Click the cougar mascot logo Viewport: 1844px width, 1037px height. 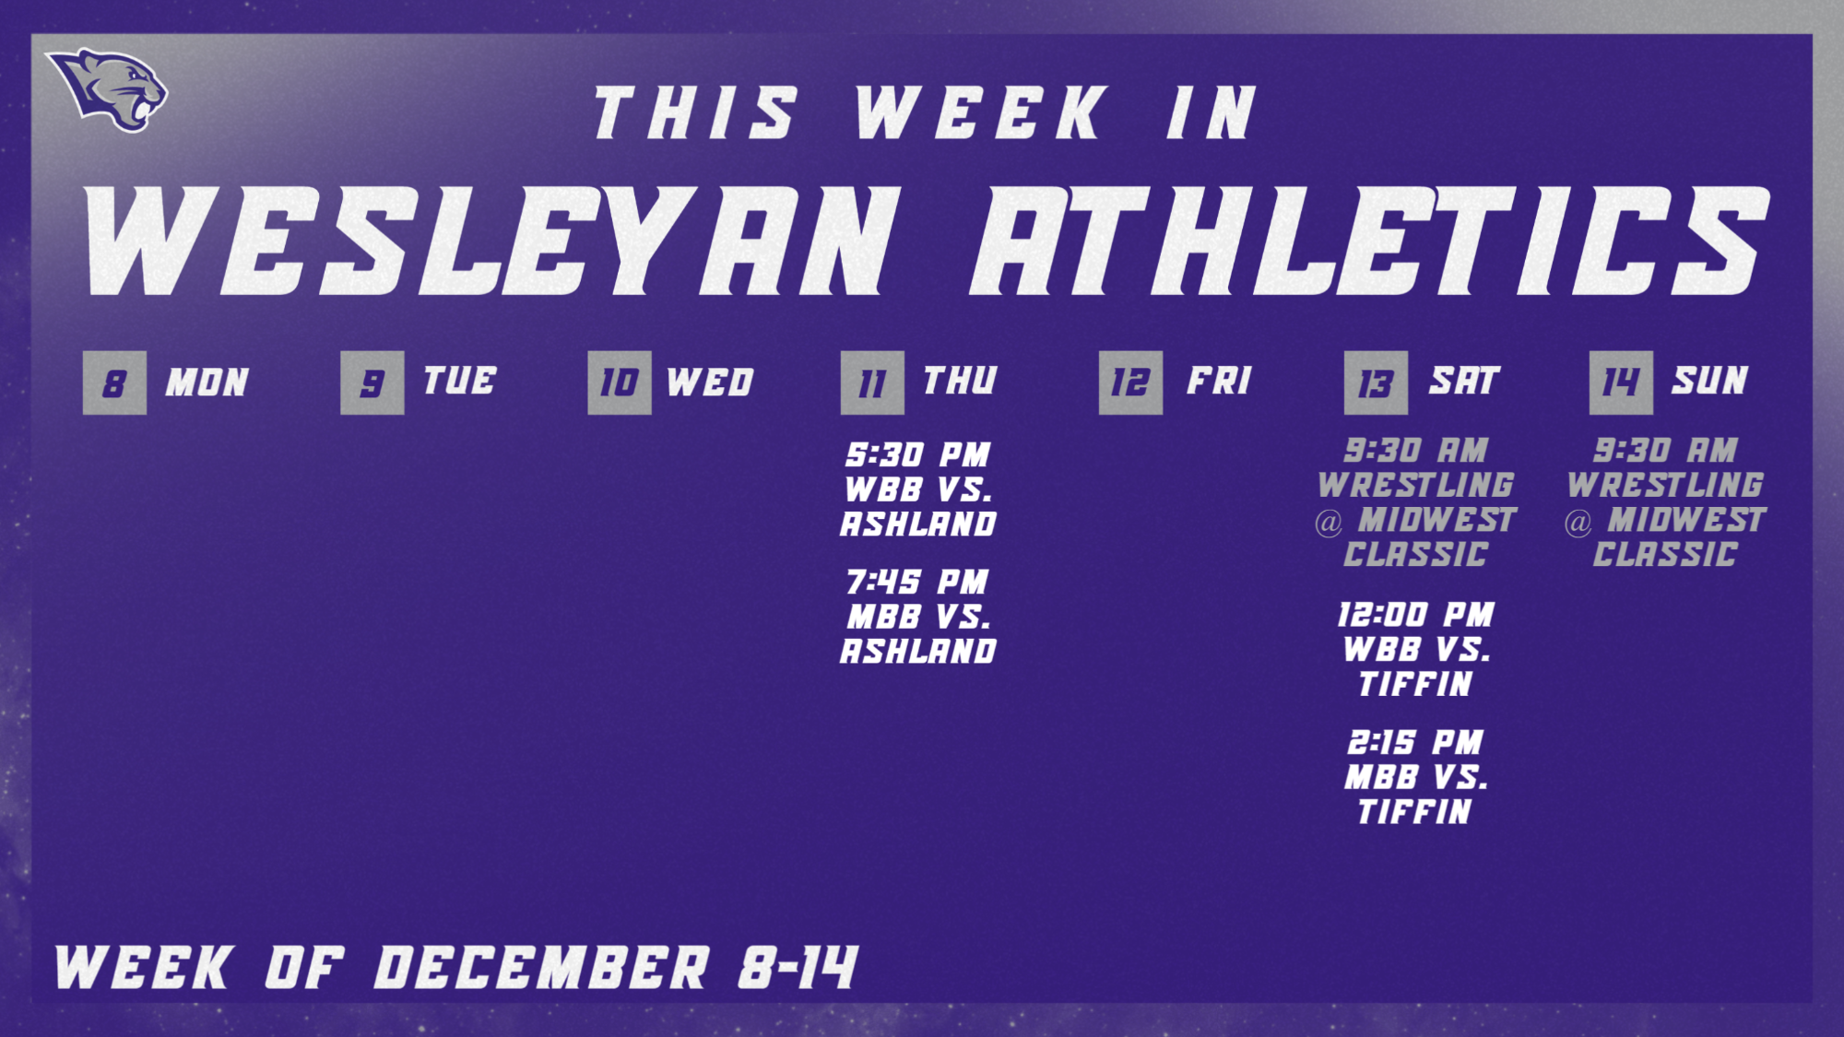108,88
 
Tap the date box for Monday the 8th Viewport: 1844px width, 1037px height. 114,383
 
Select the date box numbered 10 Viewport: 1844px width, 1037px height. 619,383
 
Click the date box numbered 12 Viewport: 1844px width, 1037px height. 1130,383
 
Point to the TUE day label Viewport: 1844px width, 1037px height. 459,381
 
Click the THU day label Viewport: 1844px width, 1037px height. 960,381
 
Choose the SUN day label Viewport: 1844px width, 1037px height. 1710,381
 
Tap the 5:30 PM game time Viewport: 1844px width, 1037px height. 917,454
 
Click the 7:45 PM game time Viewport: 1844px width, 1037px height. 917,582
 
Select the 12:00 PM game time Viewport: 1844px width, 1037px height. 1415,615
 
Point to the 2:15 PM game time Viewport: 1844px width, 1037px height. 1415,742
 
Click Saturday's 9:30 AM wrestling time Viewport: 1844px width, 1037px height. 1415,451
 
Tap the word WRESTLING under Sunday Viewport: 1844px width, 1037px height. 1665,485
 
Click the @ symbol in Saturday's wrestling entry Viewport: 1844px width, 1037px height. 1329,523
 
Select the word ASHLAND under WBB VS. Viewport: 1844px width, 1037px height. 918,524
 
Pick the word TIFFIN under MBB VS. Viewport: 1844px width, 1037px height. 1415,812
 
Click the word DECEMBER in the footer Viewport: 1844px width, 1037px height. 541,968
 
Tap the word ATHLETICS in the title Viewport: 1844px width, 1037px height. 1369,242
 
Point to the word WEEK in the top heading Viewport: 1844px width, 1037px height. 980,112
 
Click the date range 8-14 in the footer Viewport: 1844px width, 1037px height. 798,968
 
